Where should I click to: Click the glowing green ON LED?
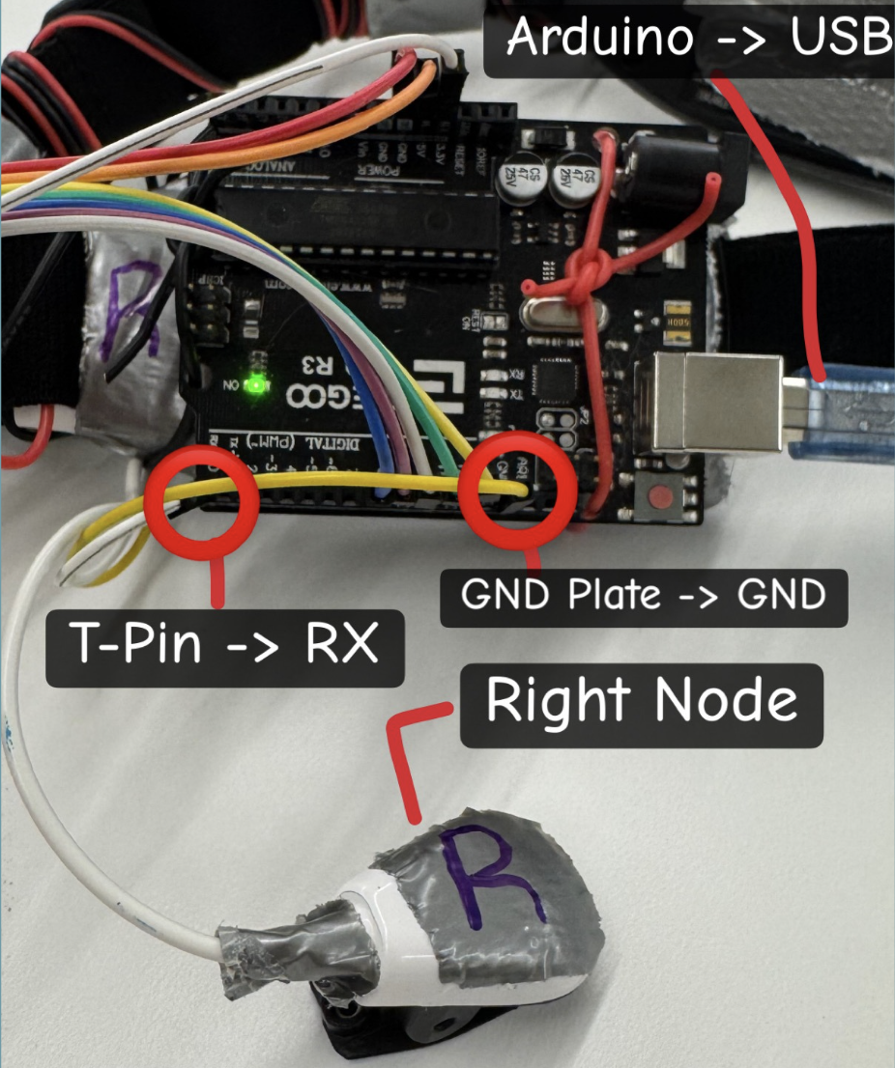coord(256,386)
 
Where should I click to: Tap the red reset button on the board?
coord(662,499)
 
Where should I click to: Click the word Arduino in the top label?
coord(599,39)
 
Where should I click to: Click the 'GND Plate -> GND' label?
coord(643,595)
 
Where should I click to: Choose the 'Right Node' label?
coord(641,700)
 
